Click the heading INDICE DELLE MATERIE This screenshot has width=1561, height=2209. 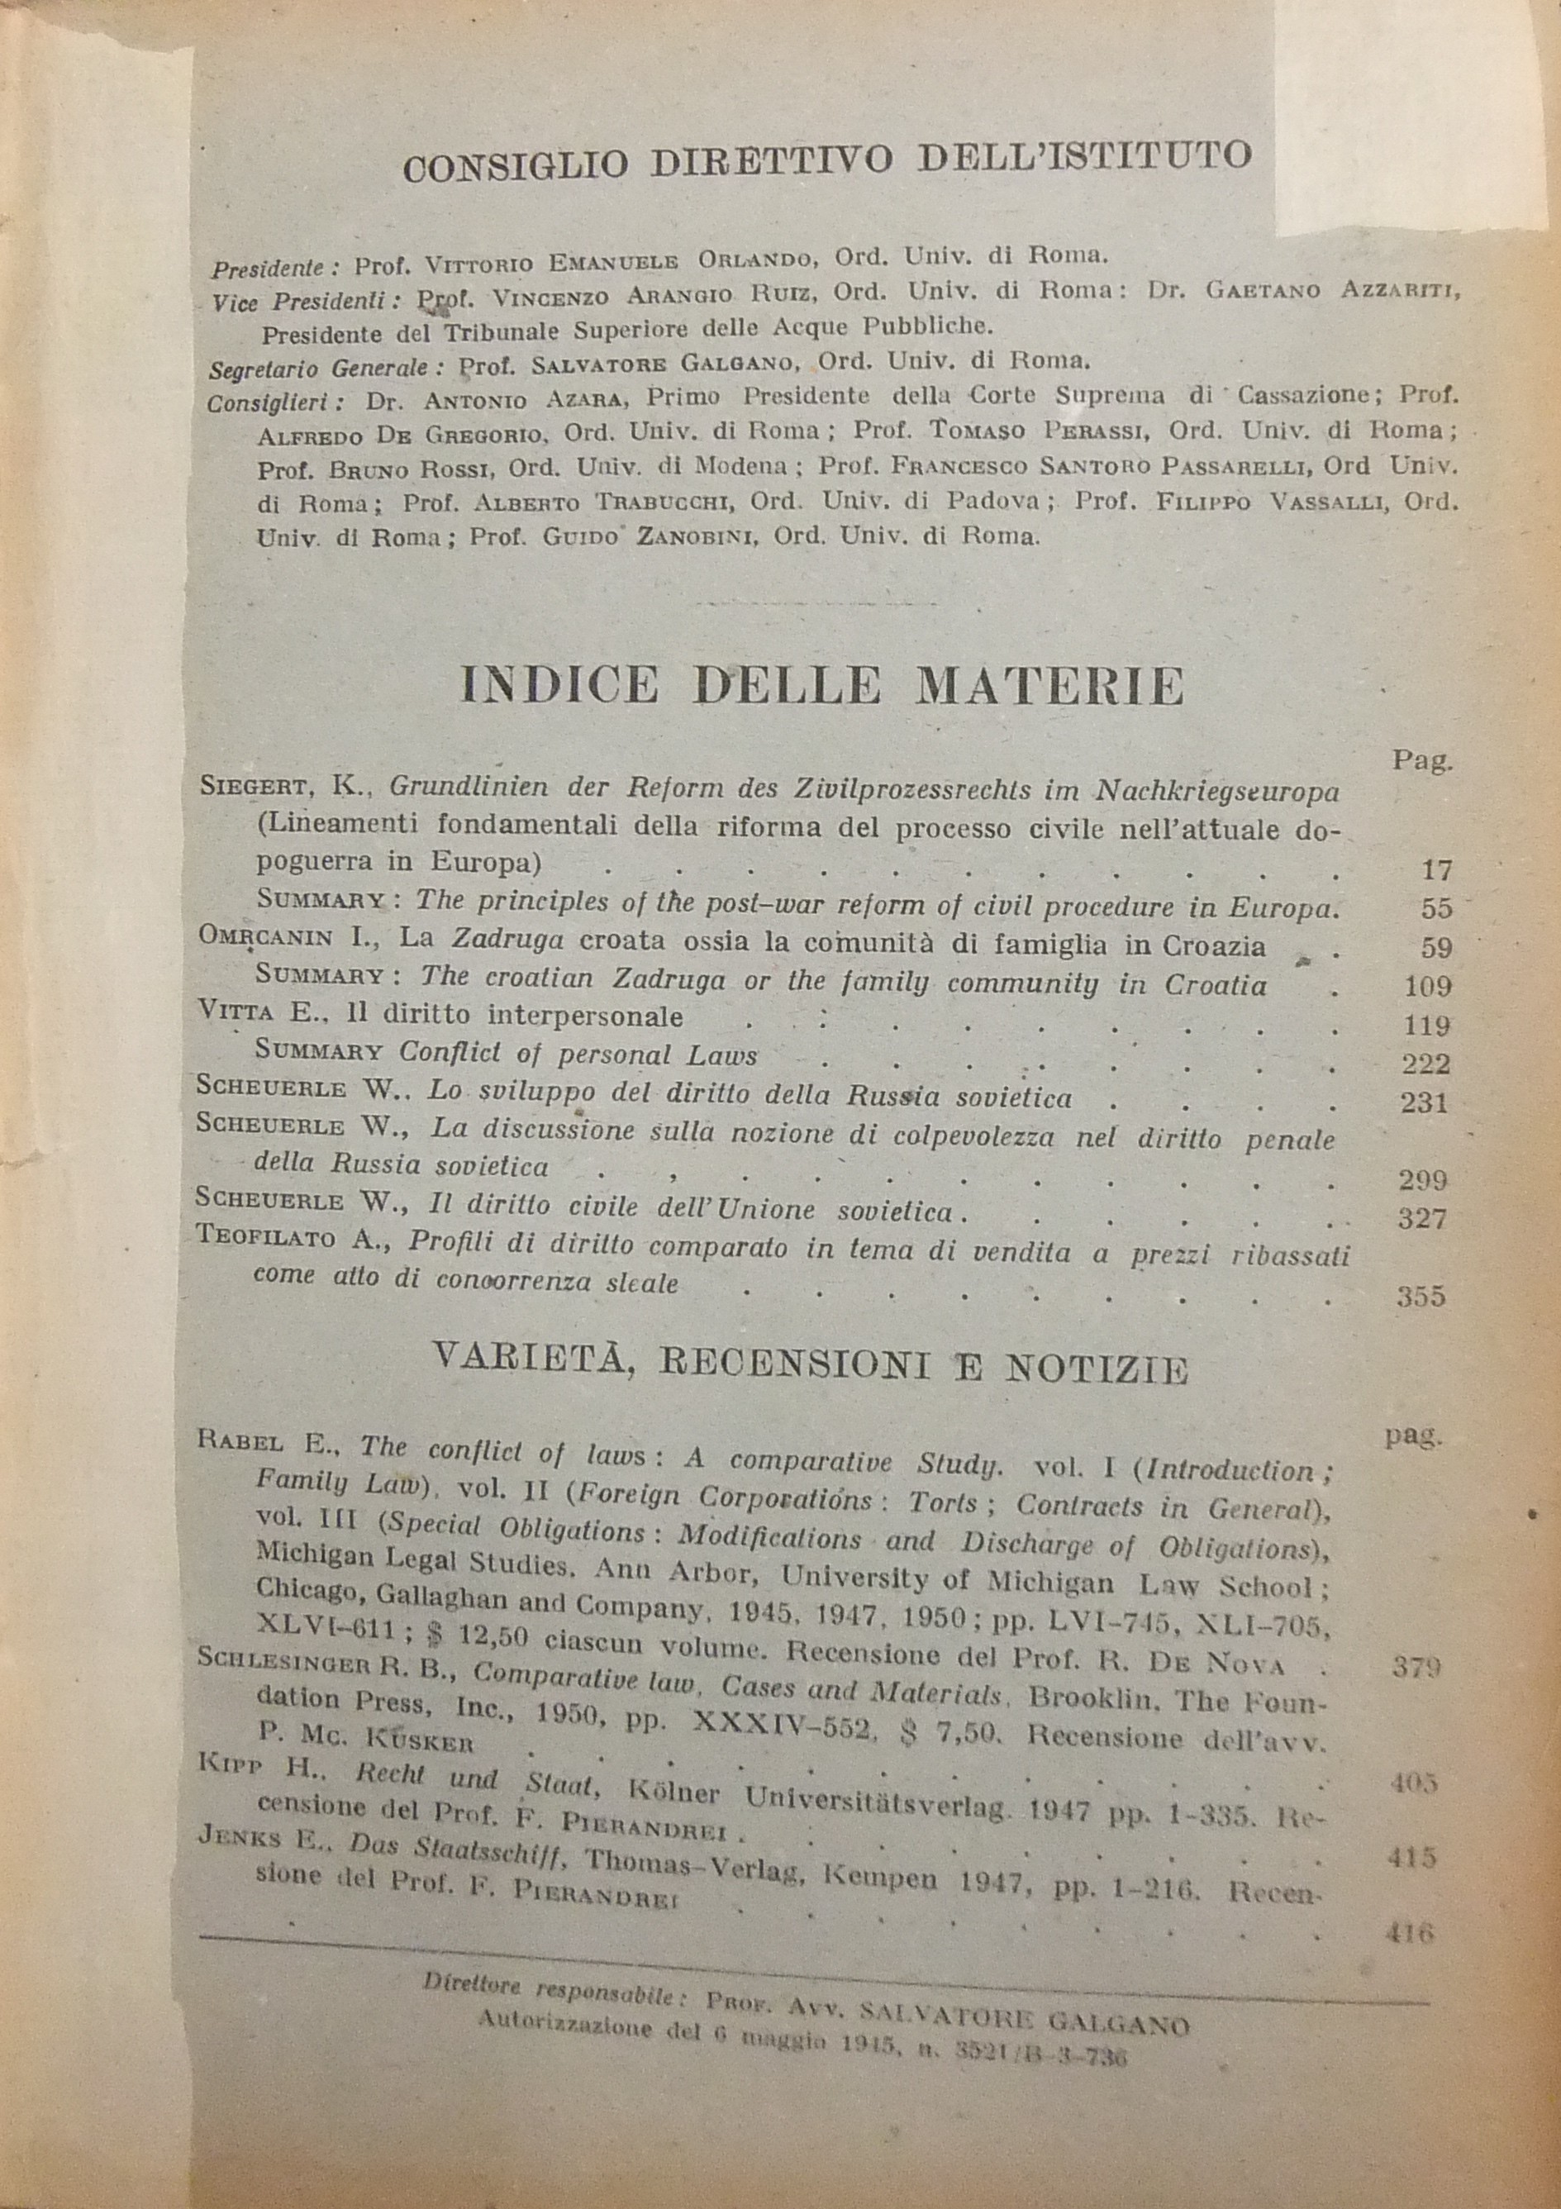(821, 686)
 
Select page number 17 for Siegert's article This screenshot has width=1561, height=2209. (1436, 869)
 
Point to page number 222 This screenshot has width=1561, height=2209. (1425, 1064)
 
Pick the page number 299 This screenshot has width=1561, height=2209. (1424, 1180)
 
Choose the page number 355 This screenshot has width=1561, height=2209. (1421, 1297)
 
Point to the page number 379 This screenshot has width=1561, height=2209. (1416, 1668)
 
